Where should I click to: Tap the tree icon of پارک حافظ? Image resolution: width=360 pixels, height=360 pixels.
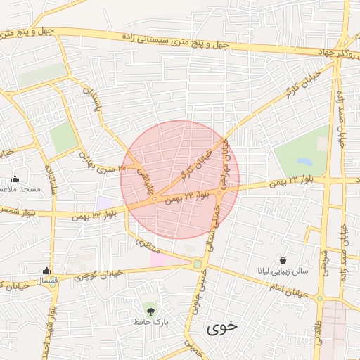(x=150, y=309)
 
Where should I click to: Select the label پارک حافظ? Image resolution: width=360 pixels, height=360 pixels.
(x=150, y=322)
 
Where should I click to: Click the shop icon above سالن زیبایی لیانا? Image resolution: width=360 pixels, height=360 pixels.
(x=283, y=260)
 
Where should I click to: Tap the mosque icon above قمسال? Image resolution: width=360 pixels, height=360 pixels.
(x=46, y=270)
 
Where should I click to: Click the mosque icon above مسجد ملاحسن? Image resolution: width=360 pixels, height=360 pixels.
(x=15, y=179)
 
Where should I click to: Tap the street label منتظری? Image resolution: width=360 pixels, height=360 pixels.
(x=148, y=245)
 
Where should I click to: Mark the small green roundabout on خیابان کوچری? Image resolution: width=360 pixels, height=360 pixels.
(x=198, y=264)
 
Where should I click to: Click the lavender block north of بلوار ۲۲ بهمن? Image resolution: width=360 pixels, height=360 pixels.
(x=105, y=202)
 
